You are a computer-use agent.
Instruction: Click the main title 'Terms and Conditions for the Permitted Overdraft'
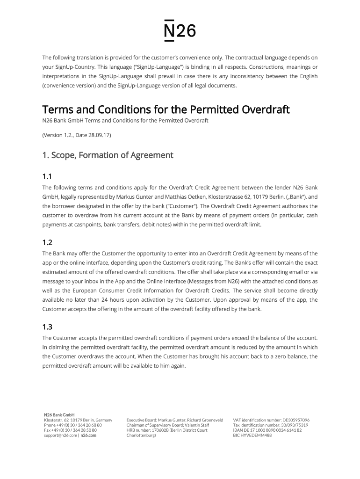166,110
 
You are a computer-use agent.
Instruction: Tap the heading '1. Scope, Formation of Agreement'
108,155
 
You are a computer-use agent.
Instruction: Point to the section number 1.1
47,176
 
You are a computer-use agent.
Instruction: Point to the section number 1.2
47,243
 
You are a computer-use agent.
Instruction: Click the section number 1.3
47,327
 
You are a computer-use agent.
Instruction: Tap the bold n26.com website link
88,435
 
